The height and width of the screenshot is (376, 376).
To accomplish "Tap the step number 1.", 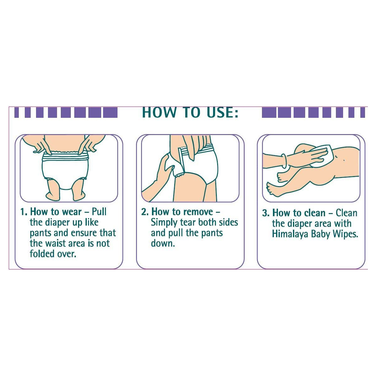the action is click(23, 212).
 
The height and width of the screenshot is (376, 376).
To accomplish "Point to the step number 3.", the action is click(266, 213).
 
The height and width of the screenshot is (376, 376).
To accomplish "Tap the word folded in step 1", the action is click(42, 254).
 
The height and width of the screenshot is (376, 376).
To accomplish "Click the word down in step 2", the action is click(163, 243).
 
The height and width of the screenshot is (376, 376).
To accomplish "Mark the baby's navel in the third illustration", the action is click(344, 160).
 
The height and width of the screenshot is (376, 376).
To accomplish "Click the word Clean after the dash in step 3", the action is click(346, 213).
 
